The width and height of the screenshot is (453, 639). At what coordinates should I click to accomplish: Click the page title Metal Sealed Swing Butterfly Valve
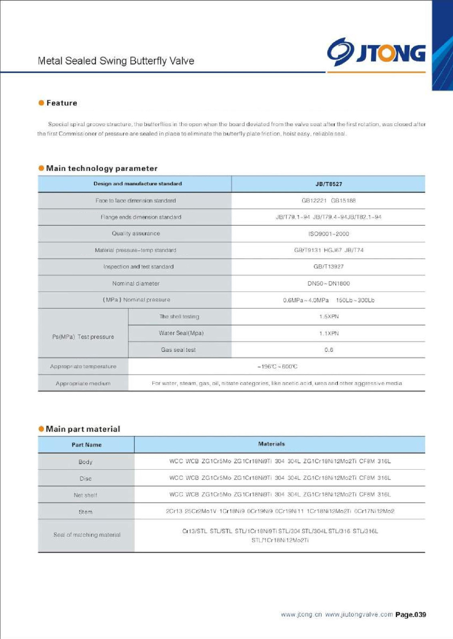pos(116,61)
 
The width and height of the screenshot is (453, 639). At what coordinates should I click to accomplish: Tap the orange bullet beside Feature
pos(41,103)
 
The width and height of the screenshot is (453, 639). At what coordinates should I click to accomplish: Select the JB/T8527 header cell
pos(329,184)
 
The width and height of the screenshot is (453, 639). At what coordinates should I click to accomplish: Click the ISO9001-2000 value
pos(329,234)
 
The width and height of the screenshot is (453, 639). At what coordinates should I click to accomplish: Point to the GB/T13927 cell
pos(329,266)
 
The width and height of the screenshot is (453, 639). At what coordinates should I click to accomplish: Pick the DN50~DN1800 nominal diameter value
pos(329,284)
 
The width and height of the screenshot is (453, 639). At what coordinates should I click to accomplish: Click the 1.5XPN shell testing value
pos(329,317)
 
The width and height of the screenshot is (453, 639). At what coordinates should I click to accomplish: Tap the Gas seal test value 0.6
pos(329,350)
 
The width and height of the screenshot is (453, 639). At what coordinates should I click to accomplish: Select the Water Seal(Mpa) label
pos(181,333)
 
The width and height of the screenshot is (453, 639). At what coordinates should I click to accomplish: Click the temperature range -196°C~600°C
pos(277,367)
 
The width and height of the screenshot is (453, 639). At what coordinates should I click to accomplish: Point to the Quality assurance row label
pos(136,234)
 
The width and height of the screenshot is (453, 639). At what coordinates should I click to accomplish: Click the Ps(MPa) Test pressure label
pos(83,337)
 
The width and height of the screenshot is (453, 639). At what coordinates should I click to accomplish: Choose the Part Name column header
pos(86,445)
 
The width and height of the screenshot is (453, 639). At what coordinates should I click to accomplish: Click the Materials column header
pos(271,444)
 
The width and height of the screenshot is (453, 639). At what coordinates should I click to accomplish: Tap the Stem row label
pos(86,512)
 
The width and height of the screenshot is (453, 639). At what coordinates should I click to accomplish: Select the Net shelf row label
pos(86,495)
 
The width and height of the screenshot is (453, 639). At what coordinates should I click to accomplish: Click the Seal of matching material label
pos(87,535)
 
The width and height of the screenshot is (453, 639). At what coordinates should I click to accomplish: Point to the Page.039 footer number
pos(411,615)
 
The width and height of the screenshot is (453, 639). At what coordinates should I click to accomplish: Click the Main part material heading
pos(83,429)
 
